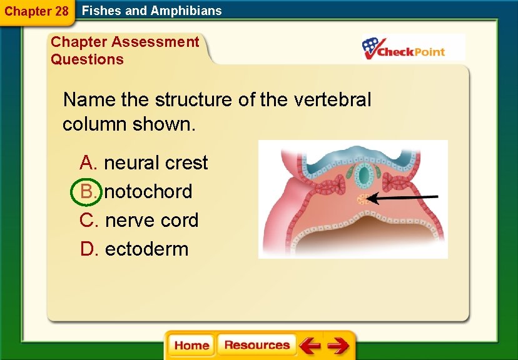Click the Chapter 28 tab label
point(36,11)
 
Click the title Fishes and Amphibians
point(152,11)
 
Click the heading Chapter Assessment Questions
point(124,51)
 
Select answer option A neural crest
point(144,162)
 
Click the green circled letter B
point(87,191)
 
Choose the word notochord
point(148,191)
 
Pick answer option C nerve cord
point(140,220)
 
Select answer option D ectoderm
point(134,249)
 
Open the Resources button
point(256,345)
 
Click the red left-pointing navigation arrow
point(309,345)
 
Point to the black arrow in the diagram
point(404,198)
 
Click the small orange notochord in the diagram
point(362,200)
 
